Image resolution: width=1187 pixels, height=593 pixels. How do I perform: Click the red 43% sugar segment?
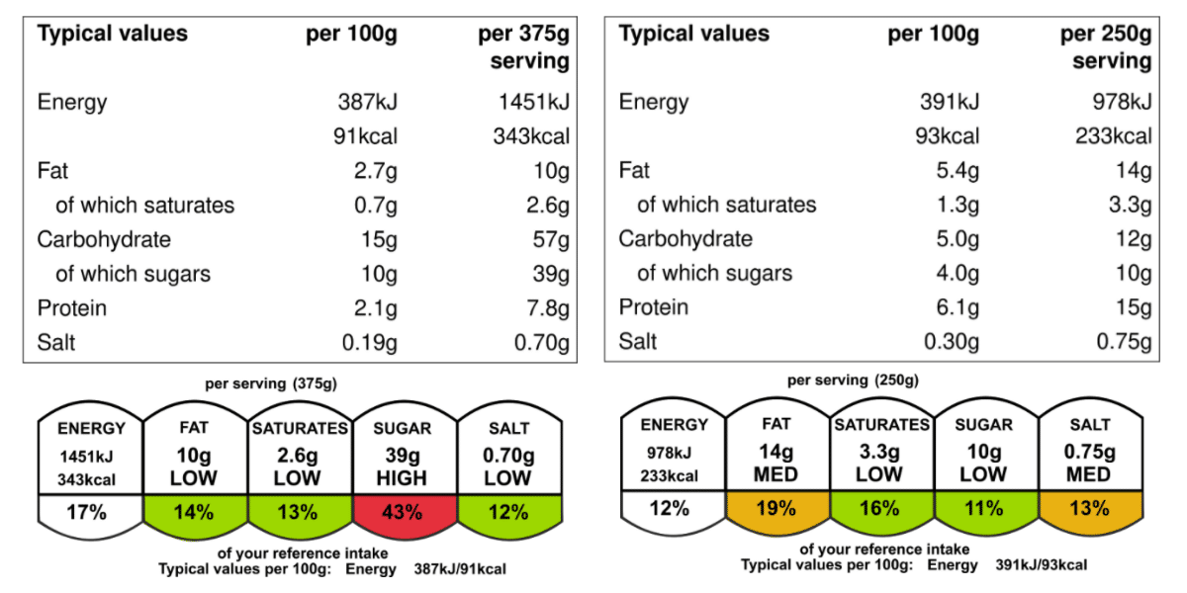pyautogui.click(x=404, y=512)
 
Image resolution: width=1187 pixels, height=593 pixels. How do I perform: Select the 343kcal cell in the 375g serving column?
pyautogui.click(x=531, y=136)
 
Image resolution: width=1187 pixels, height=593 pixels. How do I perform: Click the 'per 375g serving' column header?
pyautogui.click(x=524, y=47)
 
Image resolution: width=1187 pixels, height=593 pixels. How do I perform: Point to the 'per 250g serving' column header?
pyautogui.click(x=1106, y=47)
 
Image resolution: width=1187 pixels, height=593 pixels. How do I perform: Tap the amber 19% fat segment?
pyautogui.click(x=776, y=508)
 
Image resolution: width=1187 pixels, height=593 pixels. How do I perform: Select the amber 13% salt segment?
pyautogui.click(x=1089, y=508)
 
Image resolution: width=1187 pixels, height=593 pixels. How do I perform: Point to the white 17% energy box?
pyautogui.click(x=91, y=512)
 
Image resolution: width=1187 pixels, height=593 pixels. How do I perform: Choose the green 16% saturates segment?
pyautogui.click(x=880, y=508)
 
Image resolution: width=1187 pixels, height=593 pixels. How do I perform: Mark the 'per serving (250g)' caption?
pyautogui.click(x=853, y=380)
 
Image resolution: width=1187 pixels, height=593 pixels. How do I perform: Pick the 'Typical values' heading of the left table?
pyautogui.click(x=112, y=34)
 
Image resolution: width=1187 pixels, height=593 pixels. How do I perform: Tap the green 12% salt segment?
pyautogui.click(x=508, y=512)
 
